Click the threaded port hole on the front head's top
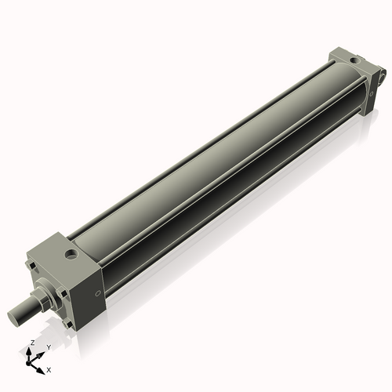(x=71, y=254)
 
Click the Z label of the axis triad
(x=31, y=343)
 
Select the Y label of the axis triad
(x=48, y=347)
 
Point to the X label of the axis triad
(x=49, y=368)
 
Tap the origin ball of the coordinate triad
(x=31, y=361)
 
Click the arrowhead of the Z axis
(x=31, y=350)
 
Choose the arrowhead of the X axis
(x=42, y=366)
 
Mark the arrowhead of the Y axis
(x=41, y=353)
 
